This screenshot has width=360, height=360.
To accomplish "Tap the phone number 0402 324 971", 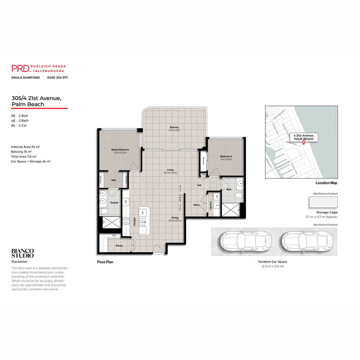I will click(57, 77).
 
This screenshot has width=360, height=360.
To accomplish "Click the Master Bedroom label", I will click(120, 150).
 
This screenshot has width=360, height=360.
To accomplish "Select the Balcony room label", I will click(174, 127).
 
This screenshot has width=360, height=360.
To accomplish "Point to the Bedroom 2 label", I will click(226, 157).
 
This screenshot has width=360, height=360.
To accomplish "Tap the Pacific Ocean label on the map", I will click(333, 120).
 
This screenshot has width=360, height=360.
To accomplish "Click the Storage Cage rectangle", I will click(323, 202).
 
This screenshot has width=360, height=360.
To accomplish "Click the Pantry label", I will click(119, 246).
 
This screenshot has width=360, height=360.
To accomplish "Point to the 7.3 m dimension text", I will click(180, 198).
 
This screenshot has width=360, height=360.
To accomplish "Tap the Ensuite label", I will click(114, 203).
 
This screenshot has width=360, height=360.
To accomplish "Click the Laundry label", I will click(211, 205).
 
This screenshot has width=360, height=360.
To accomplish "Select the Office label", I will click(196, 205).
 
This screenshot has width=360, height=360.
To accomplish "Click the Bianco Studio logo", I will click(22, 253).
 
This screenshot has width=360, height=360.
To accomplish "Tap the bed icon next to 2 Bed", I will click(13, 116).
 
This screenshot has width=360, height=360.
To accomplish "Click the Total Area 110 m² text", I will click(24, 157).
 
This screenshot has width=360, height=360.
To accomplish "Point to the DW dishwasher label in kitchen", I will click(142, 213).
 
